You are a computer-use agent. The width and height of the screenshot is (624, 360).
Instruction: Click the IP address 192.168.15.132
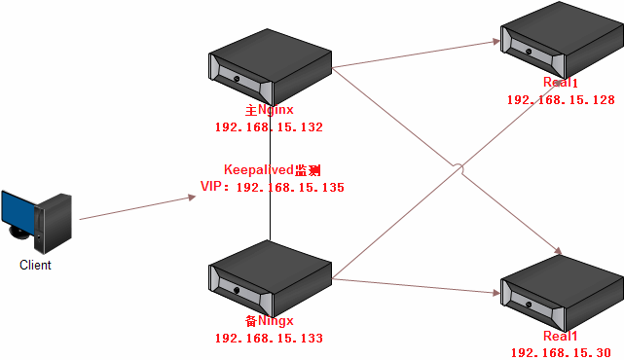269,127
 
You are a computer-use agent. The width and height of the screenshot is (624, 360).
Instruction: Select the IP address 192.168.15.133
269,339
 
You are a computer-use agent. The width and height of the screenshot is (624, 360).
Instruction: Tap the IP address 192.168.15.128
560,100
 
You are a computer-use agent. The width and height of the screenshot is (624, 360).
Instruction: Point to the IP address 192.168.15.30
560,352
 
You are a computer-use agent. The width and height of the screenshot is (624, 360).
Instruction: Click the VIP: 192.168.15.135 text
272,187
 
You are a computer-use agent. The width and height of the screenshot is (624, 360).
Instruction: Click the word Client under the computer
35,265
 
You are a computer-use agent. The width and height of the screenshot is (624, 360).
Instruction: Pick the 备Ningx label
270,320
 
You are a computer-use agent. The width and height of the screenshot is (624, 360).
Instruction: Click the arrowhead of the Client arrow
191,198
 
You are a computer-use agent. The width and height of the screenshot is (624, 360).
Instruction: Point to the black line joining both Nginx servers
270,219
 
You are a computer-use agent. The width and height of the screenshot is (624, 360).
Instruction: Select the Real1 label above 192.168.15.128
560,85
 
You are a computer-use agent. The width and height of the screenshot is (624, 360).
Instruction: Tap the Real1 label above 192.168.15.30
560,336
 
